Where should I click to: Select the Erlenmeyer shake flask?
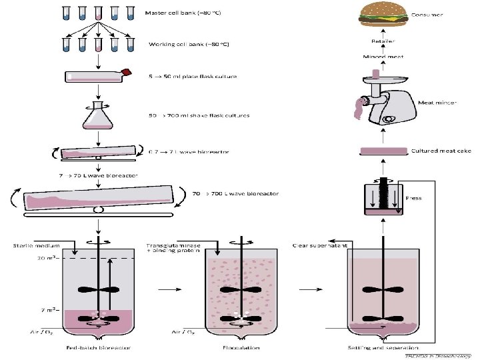click(x=99, y=115)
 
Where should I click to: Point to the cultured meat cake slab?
click(x=384, y=151)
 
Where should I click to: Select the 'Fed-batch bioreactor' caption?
click(x=98, y=347)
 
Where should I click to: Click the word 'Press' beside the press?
click(x=413, y=199)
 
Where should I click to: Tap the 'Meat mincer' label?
click(x=437, y=103)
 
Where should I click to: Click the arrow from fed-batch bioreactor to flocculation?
click(x=169, y=289)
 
